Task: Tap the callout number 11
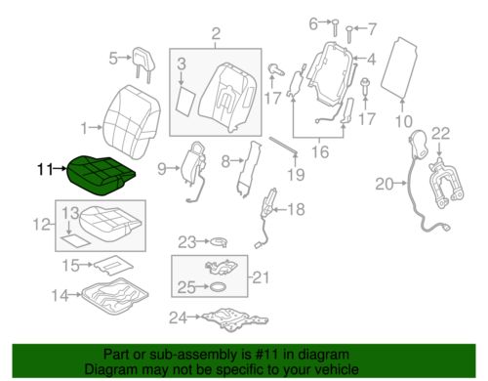click(45, 169)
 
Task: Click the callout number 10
click(403, 122)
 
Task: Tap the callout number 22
click(440, 133)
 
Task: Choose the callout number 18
click(296, 207)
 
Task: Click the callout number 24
click(176, 317)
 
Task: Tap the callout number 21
click(260, 278)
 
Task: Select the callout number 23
click(186, 240)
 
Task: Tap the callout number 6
click(313, 21)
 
